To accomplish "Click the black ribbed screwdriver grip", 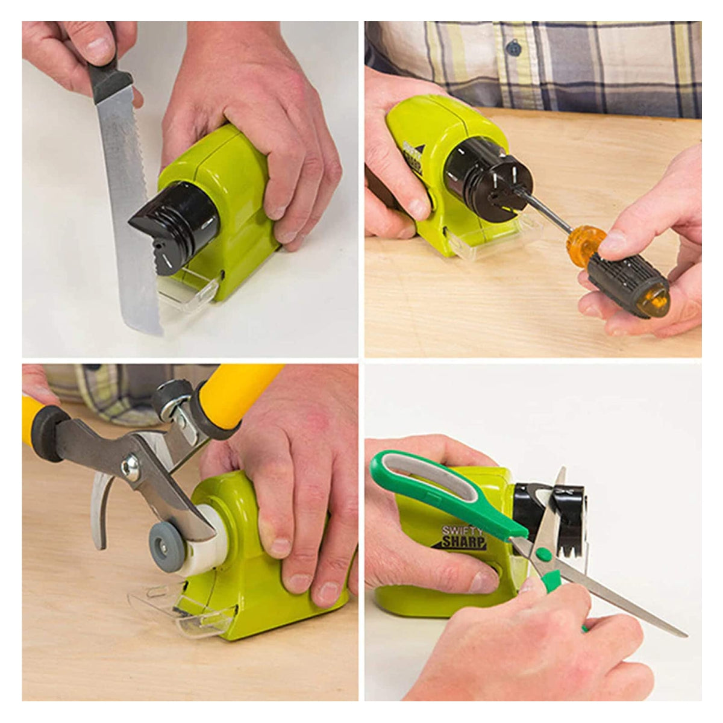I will (627, 283).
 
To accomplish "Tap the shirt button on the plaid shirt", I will (513, 47).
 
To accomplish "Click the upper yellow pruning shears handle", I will (238, 395).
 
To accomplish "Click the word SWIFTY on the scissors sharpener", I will (462, 531).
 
